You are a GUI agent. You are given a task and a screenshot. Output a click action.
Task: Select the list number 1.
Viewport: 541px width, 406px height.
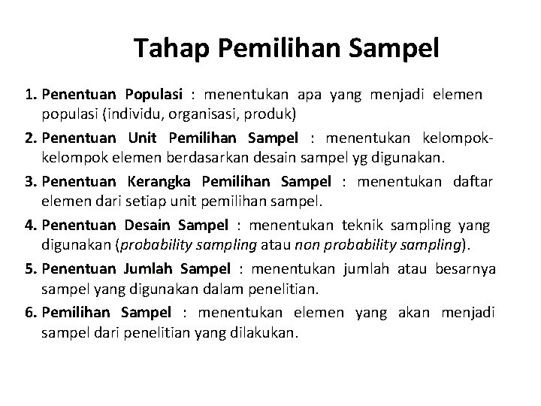29,95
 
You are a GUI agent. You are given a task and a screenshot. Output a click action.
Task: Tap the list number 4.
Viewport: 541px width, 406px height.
29,225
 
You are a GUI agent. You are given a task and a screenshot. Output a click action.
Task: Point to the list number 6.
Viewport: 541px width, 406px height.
29,312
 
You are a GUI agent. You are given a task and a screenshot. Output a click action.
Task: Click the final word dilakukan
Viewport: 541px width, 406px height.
265,332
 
